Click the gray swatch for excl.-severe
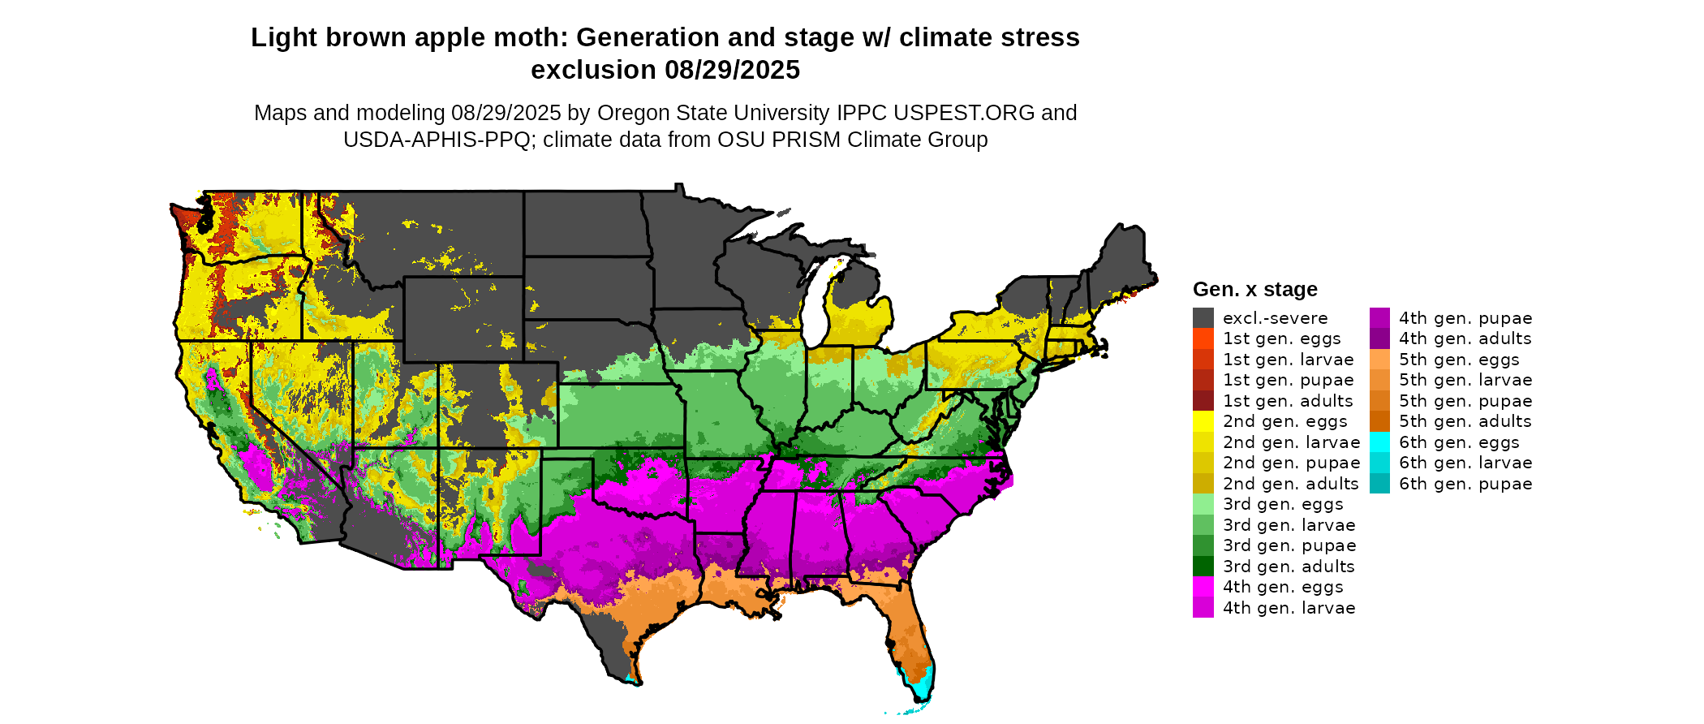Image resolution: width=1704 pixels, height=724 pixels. tap(1203, 318)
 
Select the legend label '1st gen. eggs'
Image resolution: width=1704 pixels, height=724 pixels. tap(1281, 338)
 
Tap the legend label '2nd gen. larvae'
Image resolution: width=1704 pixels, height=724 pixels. tap(1291, 442)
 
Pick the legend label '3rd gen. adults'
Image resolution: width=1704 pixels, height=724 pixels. tap(1289, 567)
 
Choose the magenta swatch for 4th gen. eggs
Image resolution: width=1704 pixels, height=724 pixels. tap(1203, 587)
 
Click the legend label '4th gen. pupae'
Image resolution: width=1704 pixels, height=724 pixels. tap(1465, 318)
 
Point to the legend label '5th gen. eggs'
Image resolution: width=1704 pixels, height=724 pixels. tap(1458, 360)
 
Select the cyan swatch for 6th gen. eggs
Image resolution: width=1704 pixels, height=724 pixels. tap(1379, 442)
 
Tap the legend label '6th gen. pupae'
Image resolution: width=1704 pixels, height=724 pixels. tap(1465, 484)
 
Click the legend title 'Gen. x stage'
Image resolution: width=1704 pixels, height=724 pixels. tap(1254, 289)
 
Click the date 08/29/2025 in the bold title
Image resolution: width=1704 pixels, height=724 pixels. tap(732, 70)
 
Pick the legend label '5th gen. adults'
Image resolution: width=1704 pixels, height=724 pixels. tap(1465, 421)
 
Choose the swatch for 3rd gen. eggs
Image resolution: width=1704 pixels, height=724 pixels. tap(1203, 504)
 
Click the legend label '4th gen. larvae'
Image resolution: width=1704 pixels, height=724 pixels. tap(1289, 608)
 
